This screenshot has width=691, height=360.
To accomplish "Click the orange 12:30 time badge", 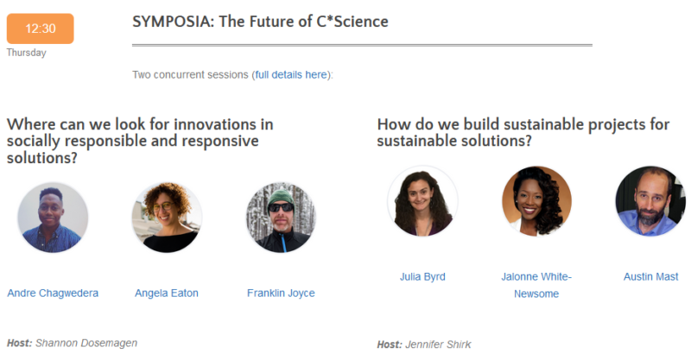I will tap(40, 28).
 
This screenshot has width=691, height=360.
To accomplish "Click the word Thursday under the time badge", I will tap(26, 53).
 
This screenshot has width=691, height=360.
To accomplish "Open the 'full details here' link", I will tap(291, 75).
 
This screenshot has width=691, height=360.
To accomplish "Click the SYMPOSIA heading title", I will tap(260, 22).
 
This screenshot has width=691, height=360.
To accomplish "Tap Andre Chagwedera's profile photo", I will tap(53, 217).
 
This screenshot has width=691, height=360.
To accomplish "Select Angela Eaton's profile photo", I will tap(167, 217).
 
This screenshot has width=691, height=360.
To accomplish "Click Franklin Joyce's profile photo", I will tap(281, 217).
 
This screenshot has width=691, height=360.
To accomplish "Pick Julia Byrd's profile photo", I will tap(422, 201).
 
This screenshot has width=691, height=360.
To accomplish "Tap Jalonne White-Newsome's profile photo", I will tap(536, 201).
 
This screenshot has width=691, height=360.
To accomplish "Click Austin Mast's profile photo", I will tap(650, 201).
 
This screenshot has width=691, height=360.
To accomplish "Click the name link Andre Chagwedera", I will tap(53, 294).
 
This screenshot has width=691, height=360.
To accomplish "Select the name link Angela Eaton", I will tap(167, 294).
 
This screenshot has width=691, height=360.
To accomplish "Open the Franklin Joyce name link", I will tap(281, 294).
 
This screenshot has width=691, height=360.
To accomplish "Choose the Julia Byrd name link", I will tap(422, 277).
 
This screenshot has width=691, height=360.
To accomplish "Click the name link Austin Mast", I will tap(650, 277).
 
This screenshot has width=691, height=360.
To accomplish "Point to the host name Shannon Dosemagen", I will tap(86, 343).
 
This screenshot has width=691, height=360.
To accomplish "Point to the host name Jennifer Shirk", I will tap(438, 345).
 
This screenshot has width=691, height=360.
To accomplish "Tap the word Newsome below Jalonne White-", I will tap(536, 294).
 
